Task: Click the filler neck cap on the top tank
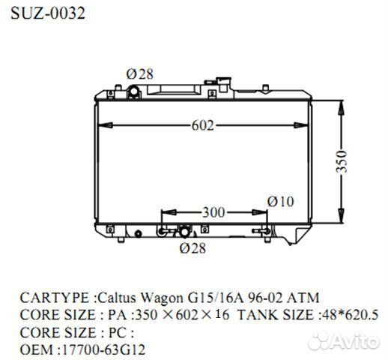tap(135, 91)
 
